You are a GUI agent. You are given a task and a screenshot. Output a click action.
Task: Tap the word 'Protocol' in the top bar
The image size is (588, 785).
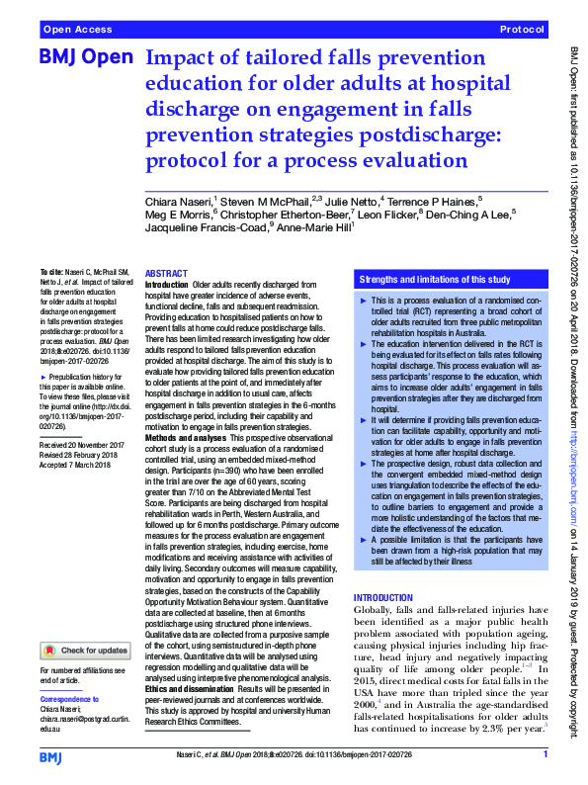522,31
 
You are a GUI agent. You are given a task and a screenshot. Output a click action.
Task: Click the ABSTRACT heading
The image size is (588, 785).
166,273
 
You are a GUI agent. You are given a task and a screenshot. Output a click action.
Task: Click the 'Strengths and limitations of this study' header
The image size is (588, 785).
435,280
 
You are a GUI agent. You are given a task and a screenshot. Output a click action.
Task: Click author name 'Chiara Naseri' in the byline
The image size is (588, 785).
179,202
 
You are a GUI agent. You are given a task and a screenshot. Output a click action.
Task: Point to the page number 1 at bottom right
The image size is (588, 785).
545,756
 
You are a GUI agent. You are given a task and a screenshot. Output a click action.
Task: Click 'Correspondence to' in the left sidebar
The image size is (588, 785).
70,699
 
